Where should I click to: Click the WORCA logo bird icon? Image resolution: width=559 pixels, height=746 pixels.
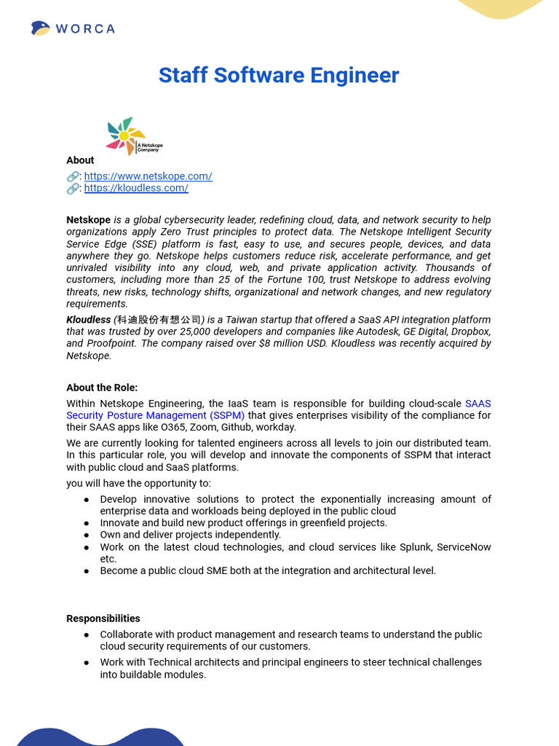pos(41,28)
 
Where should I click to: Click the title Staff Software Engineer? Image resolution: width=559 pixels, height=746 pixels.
pos(279,75)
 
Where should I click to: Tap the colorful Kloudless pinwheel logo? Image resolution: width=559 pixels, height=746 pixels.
pos(125,135)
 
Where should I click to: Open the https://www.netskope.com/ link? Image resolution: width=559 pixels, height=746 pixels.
pos(148,176)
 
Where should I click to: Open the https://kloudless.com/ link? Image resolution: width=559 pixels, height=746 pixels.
pos(136,188)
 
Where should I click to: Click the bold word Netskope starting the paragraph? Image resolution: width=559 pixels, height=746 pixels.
pos(88,220)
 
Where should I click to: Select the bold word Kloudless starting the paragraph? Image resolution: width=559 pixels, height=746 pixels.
pos(88,320)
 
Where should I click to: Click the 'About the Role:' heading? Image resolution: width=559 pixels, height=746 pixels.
pos(102,388)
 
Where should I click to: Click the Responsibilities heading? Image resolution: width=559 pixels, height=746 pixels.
pos(103,619)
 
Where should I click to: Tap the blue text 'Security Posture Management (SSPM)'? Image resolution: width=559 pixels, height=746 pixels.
pos(156,415)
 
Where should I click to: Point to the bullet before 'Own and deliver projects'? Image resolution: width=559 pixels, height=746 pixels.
pos(87,535)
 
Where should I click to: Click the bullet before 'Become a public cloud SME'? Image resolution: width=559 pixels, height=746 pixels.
pos(87,571)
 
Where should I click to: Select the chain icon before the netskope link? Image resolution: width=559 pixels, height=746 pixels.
pos(73,176)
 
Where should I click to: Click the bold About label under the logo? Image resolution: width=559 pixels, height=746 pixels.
pos(80,160)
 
